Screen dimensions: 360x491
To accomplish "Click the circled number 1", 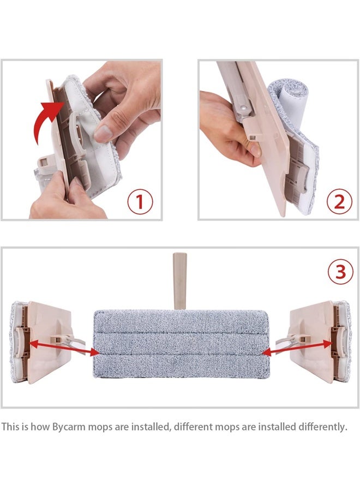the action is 140,202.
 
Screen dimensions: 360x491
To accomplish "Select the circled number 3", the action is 340,272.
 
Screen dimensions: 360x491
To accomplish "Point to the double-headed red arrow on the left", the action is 63,348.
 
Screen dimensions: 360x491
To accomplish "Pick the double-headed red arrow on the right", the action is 297,348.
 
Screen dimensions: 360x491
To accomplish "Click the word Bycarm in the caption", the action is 69,427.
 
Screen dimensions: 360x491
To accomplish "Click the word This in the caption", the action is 10,427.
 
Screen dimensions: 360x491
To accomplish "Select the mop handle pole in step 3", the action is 179,281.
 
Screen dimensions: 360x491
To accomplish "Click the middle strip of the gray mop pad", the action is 181,343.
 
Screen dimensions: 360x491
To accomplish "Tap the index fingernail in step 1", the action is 100,134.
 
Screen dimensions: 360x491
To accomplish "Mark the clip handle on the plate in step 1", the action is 76,131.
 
